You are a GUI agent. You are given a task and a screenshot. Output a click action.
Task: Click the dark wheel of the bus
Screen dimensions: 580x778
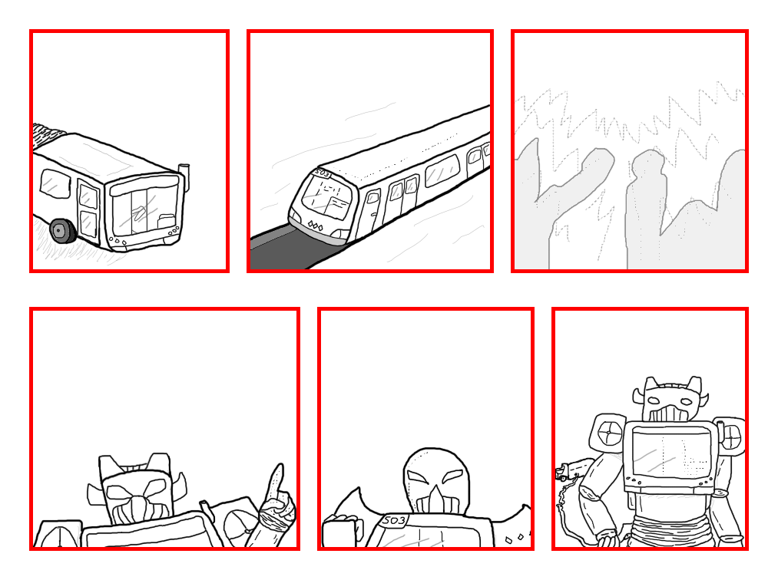coord(61,230)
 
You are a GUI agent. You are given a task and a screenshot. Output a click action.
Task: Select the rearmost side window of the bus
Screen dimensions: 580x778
coord(55,183)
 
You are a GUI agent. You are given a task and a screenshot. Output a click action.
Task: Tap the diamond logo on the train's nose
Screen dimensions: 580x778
coord(314,226)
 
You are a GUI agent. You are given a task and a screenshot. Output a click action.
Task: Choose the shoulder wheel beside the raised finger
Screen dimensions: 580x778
coord(234,522)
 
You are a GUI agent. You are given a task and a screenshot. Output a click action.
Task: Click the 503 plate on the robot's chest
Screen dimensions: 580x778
coord(394,521)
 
